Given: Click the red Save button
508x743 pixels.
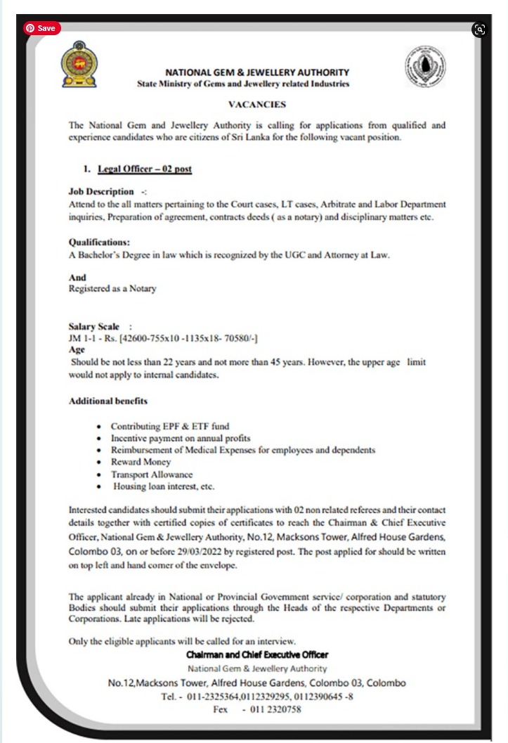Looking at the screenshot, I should (x=42, y=28).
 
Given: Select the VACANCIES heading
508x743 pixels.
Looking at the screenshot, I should (x=256, y=104).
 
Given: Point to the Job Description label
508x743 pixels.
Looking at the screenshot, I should (x=101, y=191).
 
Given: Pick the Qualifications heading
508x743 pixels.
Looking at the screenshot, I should (x=99, y=241).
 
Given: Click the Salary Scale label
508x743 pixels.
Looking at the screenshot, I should (x=95, y=327).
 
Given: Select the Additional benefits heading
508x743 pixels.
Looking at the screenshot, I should (x=108, y=401).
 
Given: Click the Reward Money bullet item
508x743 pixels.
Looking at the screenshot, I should (x=141, y=462).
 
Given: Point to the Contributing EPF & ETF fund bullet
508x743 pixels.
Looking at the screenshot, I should (x=170, y=426).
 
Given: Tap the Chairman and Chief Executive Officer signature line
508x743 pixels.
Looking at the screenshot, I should (x=257, y=654).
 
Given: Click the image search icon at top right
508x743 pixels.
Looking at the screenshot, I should (x=480, y=29).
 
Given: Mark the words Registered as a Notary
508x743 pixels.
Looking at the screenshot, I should (x=112, y=288).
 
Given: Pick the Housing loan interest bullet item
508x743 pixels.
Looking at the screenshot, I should (x=163, y=486).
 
